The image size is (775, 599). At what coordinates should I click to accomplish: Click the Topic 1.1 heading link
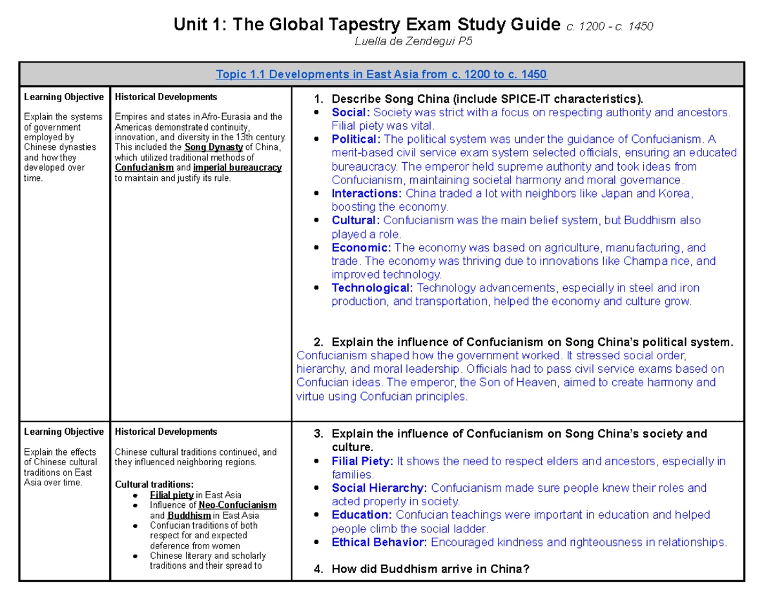[382, 74]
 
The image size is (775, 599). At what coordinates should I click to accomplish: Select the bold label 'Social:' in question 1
[350, 112]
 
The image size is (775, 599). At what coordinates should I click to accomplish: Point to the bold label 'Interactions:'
[366, 193]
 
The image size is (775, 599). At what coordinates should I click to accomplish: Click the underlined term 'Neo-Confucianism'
[238, 505]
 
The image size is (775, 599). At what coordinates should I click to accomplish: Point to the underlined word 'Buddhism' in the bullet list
[189, 515]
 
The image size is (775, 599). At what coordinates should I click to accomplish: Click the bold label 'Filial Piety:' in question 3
[362, 461]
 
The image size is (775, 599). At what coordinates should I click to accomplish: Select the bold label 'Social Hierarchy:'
[380, 488]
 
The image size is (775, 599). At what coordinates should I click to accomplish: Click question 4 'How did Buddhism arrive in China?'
[430, 569]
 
